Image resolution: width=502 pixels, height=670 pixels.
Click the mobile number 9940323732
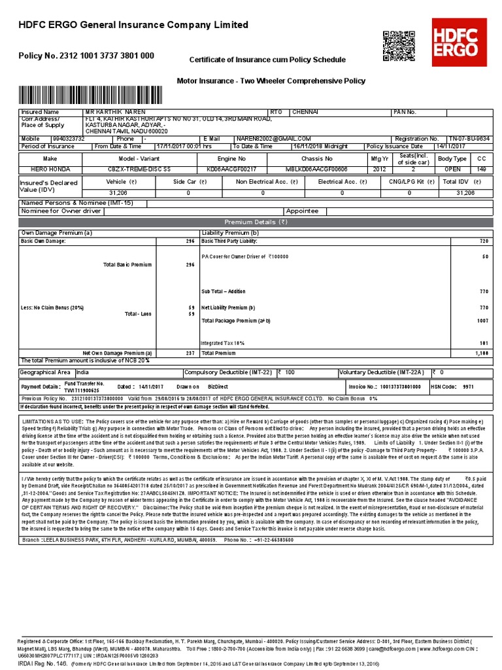coord(69,139)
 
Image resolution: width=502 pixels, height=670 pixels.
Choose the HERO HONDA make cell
coord(50,169)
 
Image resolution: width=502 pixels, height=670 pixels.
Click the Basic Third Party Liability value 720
coord(484,241)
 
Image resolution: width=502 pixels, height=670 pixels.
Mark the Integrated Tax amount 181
coord(484,342)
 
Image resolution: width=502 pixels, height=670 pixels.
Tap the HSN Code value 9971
coord(468,387)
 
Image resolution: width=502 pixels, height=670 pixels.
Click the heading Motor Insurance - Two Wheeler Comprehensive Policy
coord(271,81)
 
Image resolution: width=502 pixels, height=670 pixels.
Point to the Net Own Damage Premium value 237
coord(190,353)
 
